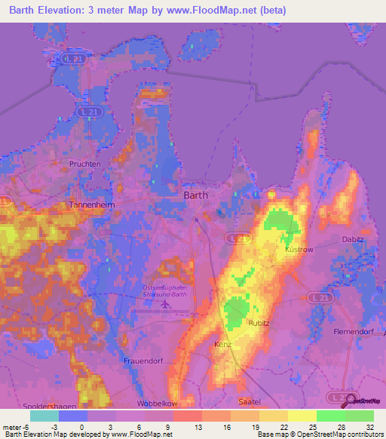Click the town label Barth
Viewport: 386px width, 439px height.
tap(196, 195)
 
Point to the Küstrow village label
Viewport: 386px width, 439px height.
tap(299, 249)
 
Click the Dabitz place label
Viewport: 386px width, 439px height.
tap(353, 240)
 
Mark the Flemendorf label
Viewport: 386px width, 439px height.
tap(354, 331)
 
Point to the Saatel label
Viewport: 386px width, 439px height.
tap(248, 401)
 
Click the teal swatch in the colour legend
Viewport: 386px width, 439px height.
tap(44, 416)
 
